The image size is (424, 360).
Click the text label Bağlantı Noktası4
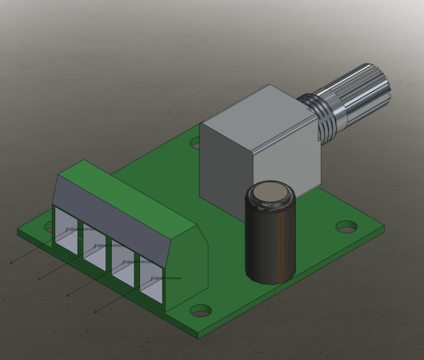coord(166,278)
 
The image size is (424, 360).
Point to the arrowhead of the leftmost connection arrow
coord(11,263)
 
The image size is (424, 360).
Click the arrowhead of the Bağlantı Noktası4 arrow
coord(95,311)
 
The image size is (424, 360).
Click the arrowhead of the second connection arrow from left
coord(39,278)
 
